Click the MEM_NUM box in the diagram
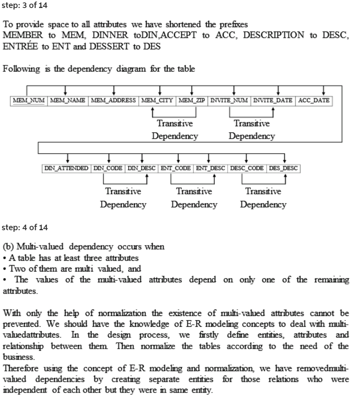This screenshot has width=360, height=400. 28,100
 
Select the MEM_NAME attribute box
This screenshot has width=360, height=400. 67,100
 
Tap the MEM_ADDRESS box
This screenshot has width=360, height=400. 113,100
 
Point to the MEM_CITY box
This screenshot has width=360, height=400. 156,100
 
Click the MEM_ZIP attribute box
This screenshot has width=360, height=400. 191,100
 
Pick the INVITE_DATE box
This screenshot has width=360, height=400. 273,100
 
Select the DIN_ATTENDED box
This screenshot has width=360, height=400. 66,168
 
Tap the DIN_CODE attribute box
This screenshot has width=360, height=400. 108,168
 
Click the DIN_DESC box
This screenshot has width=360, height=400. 142,168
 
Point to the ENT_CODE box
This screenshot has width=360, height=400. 176,168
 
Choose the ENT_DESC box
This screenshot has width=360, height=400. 210,168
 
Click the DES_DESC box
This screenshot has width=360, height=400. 283,168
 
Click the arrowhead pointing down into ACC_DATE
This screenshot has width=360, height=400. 323,94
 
